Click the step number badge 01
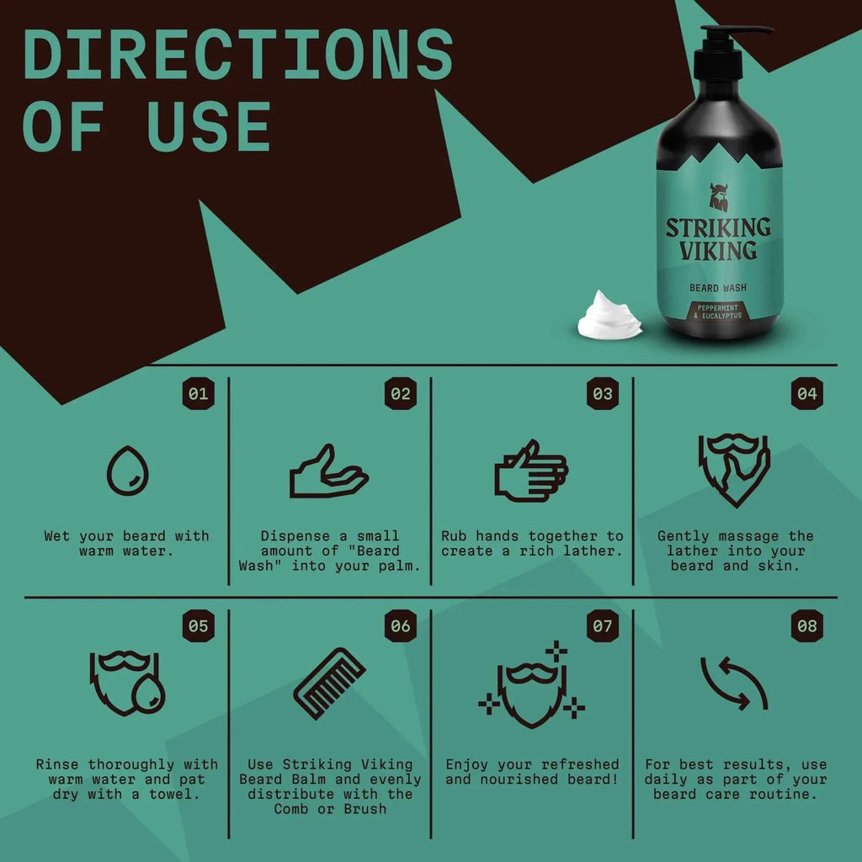(x=199, y=393)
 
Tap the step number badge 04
(x=806, y=393)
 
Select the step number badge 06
(x=401, y=626)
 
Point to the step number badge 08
(x=806, y=626)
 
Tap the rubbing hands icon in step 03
(x=530, y=471)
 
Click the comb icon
(x=329, y=683)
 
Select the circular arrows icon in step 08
(x=734, y=683)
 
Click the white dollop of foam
(x=609, y=316)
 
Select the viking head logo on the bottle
(x=718, y=199)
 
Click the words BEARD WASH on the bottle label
(x=718, y=288)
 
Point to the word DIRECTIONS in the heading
(x=238, y=55)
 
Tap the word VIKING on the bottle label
(x=718, y=251)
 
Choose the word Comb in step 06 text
(x=294, y=809)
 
